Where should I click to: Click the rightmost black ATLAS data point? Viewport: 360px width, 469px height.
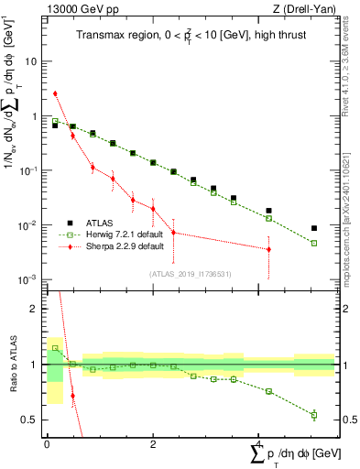tap(314, 228)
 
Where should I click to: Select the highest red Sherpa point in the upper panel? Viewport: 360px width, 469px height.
tap(55, 93)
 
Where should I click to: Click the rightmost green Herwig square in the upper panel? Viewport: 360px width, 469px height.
tap(314, 244)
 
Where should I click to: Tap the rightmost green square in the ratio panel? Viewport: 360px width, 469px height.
tap(314, 415)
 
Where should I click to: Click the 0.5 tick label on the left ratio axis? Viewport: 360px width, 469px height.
tap(31, 420)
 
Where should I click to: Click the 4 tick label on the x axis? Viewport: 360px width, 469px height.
tap(259, 446)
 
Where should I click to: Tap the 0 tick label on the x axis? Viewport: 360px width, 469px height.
tap(47, 446)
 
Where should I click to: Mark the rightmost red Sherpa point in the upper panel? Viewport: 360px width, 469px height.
tap(268, 249)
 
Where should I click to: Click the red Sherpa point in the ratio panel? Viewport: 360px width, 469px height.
tap(72, 396)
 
